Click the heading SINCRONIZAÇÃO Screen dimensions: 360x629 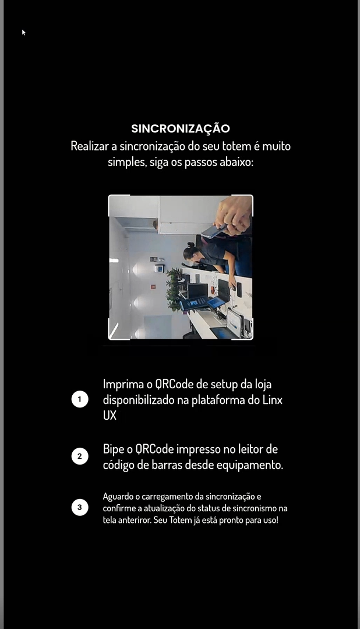click(181, 128)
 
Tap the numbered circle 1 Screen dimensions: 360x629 click(80, 399)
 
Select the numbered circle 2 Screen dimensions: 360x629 click(80, 456)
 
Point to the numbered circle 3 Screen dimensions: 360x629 click(80, 507)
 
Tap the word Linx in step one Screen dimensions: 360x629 click(272, 400)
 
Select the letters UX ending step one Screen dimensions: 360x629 click(110, 416)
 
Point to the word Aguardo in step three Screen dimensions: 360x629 click(118, 497)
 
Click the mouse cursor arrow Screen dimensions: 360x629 click(24, 32)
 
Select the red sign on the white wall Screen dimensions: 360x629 click(153, 286)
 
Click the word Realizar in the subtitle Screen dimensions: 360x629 click(90, 146)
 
